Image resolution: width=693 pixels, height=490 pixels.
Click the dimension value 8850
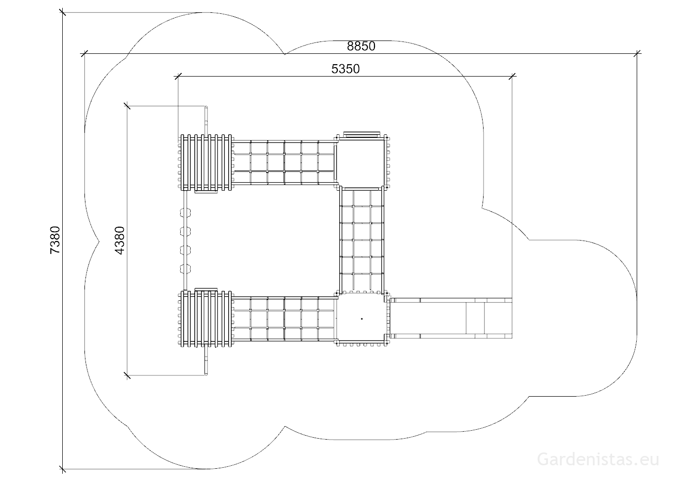pyautogui.click(x=361, y=46)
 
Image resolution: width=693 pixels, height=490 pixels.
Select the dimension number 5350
pyautogui.click(x=346, y=69)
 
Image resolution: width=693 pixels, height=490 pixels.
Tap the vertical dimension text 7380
pyautogui.click(x=55, y=240)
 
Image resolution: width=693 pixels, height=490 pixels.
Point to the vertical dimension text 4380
pyautogui.click(x=120, y=241)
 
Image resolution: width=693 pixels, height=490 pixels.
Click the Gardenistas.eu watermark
pyautogui.click(x=598, y=459)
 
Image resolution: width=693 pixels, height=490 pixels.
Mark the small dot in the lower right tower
pyautogui.click(x=362, y=319)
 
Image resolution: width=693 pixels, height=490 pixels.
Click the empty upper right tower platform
pyautogui.click(x=361, y=162)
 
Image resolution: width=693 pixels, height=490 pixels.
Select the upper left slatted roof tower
pyautogui.click(x=206, y=163)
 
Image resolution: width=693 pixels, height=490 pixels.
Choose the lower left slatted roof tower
pyautogui.click(x=206, y=319)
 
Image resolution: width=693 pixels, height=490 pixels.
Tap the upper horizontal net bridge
pyautogui.click(x=284, y=163)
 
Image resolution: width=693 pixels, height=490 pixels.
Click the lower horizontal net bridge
pyautogui.click(x=284, y=319)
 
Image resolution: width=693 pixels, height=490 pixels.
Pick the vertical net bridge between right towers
pyautogui.click(x=362, y=240)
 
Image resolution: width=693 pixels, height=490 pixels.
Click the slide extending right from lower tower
pyautogui.click(x=451, y=318)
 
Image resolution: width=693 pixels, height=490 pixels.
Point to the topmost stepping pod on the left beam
pyautogui.click(x=185, y=213)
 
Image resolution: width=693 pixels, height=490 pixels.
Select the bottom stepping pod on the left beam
pyautogui.click(x=185, y=269)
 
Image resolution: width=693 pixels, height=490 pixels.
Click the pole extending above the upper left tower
pyautogui.click(x=206, y=121)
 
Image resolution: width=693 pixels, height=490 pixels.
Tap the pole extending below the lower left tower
pyautogui.click(x=206, y=361)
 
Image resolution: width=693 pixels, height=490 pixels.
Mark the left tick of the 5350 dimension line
pyautogui.click(x=178, y=77)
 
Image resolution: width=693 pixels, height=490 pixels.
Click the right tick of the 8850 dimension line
pyautogui.click(x=637, y=54)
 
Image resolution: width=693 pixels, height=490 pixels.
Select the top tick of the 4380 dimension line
pyautogui.click(x=127, y=106)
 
